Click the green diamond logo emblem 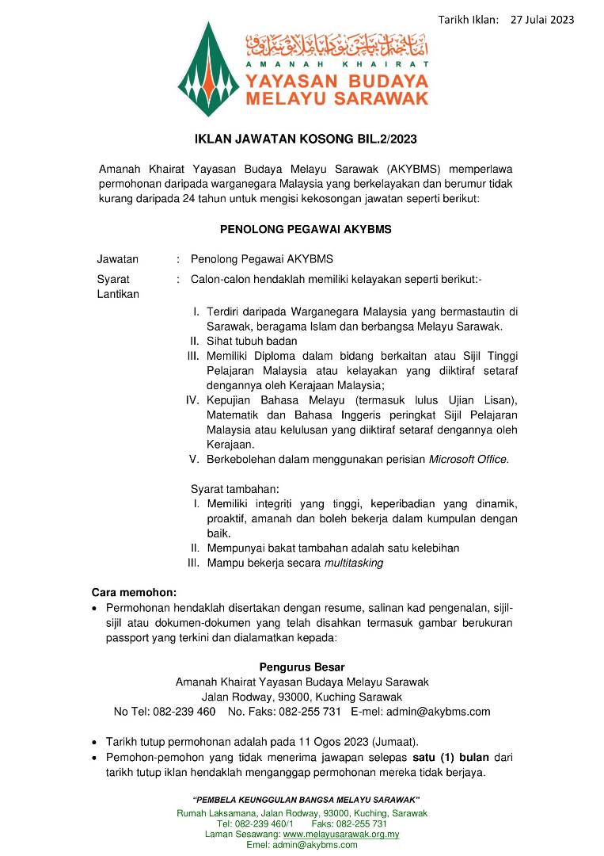pos(208,70)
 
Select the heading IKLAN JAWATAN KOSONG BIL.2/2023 pos(305,139)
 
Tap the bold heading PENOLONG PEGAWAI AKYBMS pos(305,229)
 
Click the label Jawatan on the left pos(117,259)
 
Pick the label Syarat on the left pos(113,279)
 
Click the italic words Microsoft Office pos(469,459)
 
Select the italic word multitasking pos(354,563)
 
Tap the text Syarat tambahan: pos(235,488)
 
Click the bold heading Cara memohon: pos(135,592)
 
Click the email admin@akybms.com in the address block pos(438,712)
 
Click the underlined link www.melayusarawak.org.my pos(341,835)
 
